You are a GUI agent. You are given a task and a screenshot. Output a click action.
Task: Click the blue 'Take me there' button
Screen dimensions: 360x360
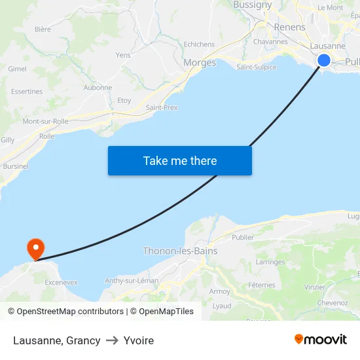click(179, 160)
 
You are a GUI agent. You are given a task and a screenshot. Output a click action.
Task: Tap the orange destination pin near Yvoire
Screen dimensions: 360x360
click(35, 248)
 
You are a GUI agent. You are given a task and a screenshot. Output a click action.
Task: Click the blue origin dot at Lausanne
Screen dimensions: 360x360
click(324, 60)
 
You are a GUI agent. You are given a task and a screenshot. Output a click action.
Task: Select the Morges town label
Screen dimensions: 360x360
click(200, 63)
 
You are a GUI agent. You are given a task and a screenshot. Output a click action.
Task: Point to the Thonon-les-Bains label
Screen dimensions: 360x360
click(180, 251)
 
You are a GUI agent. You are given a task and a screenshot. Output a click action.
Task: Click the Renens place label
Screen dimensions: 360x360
click(289, 27)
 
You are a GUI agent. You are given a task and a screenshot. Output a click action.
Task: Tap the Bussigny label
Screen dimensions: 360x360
click(252, 5)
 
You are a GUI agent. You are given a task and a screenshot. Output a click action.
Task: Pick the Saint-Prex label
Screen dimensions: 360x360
click(162, 107)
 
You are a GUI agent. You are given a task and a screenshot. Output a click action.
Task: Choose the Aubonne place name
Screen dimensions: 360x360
click(98, 88)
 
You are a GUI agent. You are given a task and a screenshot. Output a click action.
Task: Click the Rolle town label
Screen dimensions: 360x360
click(46, 136)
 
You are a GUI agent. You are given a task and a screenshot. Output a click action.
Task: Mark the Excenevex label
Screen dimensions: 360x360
click(61, 282)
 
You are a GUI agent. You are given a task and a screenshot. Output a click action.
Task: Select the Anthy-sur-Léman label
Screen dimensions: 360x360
click(132, 281)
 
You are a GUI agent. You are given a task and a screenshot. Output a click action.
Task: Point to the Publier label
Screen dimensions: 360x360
click(243, 237)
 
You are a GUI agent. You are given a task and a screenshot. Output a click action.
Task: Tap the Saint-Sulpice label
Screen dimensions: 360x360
click(256, 67)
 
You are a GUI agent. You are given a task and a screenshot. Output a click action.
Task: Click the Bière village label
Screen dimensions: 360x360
click(43, 29)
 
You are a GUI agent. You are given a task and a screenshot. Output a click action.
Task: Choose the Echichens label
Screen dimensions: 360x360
click(199, 45)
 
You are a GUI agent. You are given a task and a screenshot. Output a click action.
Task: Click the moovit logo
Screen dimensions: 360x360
click(320, 339)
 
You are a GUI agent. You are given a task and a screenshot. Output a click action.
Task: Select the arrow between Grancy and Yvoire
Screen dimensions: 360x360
click(112, 340)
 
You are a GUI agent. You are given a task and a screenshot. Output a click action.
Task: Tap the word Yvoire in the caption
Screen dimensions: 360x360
click(139, 340)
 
